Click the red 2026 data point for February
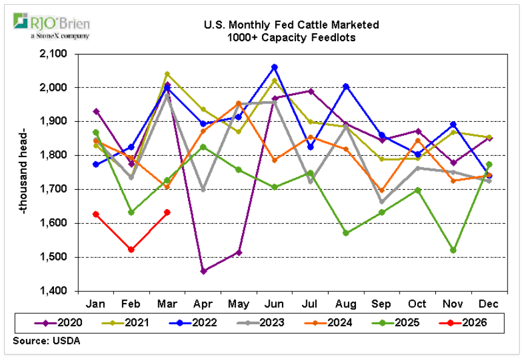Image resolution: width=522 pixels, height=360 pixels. (132, 250)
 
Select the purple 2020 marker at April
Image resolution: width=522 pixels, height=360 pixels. (203, 271)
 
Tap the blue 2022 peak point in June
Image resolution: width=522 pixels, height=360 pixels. (275, 67)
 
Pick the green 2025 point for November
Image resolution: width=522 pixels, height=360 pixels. (453, 250)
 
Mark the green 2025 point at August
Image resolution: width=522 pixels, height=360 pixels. (346, 233)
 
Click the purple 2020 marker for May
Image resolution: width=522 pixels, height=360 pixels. (239, 252)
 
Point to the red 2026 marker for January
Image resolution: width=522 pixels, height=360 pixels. (96, 214)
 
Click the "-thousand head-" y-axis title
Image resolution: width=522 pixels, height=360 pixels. (22, 172)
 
